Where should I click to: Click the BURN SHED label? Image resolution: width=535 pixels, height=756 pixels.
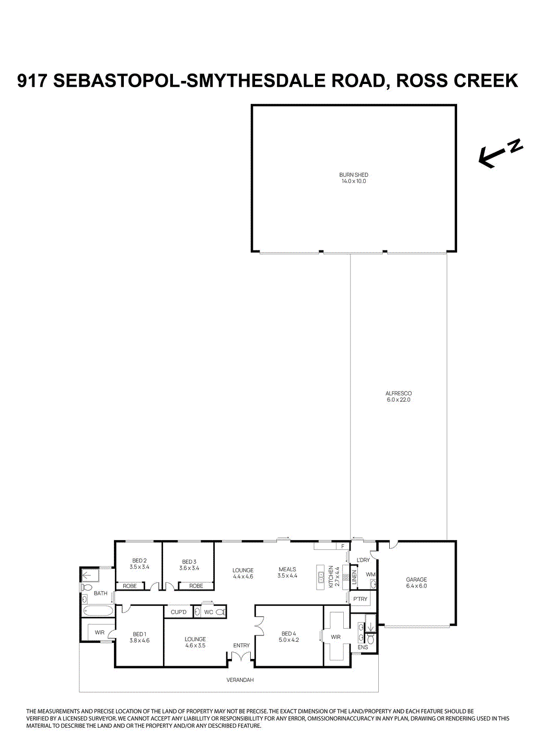(354, 175)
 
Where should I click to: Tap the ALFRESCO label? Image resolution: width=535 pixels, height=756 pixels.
(398, 393)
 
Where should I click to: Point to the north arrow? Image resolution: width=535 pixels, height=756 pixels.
(499, 153)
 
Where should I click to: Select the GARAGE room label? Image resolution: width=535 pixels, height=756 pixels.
(416, 580)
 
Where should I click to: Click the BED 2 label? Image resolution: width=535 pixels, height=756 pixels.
(139, 561)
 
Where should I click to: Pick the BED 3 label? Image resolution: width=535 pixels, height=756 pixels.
(189, 562)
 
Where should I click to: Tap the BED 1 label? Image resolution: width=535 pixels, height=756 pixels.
(139, 634)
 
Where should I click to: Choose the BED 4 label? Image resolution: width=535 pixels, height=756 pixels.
(288, 634)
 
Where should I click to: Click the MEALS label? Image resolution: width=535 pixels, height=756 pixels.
(287, 570)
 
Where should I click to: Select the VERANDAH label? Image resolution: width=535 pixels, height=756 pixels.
(240, 680)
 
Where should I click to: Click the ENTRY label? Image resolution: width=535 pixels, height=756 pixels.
(241, 646)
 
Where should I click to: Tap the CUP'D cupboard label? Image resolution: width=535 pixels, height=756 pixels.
(179, 612)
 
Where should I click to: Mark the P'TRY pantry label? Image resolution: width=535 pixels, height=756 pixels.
(360, 599)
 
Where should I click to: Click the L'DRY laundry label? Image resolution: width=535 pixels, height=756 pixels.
(363, 560)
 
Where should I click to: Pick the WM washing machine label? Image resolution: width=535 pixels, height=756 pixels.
(370, 574)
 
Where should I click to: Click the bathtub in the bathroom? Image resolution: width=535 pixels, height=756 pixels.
(97, 612)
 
